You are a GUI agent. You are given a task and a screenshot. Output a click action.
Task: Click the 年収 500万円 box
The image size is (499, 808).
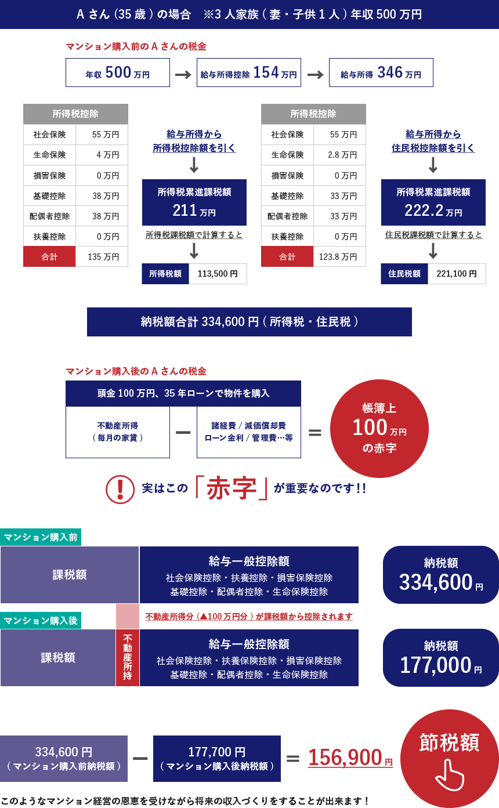click(x=118, y=73)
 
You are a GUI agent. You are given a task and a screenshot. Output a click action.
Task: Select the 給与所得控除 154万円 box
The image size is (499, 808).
click(x=249, y=73)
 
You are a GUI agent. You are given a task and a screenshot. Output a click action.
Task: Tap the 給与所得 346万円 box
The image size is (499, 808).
click(x=381, y=73)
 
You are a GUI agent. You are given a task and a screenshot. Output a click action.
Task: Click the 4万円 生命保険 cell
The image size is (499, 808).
click(x=102, y=155)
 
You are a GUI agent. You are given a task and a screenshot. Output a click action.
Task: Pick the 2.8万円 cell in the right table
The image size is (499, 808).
click(x=339, y=155)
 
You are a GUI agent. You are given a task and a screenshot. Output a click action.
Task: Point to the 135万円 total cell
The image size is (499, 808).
click(x=102, y=256)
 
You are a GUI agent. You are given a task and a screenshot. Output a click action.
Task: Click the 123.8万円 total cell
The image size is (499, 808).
click(x=339, y=256)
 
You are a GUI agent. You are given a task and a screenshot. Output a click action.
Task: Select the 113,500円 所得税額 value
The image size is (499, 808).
click(x=218, y=274)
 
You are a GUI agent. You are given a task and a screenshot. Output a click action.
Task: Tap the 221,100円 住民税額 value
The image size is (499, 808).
click(x=457, y=274)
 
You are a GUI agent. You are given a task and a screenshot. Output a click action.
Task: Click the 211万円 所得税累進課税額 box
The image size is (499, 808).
click(x=194, y=202)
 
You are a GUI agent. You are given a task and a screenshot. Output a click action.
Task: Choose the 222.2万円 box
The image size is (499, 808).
click(x=433, y=202)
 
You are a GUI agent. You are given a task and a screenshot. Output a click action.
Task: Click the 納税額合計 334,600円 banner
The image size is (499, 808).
click(x=249, y=322)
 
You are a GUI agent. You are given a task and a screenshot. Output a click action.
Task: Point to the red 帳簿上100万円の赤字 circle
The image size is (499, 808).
click(x=379, y=429)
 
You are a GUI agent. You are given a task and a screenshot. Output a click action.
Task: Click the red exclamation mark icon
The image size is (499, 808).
click(x=120, y=489)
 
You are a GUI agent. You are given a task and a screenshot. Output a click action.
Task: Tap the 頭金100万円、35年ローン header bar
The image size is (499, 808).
click(x=183, y=393)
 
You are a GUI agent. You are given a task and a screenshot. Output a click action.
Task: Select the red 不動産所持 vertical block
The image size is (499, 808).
click(x=128, y=657)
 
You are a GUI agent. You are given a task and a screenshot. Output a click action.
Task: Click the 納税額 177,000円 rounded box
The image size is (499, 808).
click(x=441, y=657)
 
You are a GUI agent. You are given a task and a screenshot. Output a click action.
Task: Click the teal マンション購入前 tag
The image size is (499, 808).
click(x=41, y=537)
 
